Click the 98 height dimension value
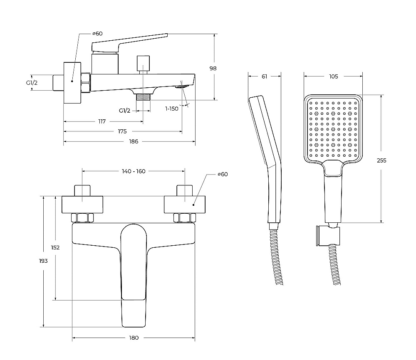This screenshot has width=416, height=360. click(x=213, y=69)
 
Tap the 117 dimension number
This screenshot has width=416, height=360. click(x=102, y=121)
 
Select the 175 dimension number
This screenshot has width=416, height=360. click(x=122, y=131)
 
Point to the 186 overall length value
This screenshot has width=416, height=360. click(x=134, y=142)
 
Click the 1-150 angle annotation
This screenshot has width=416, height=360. click(x=172, y=108)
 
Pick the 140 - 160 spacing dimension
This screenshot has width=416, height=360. click(x=134, y=171)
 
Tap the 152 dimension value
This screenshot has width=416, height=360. click(x=55, y=248)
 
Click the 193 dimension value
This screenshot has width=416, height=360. click(x=43, y=261)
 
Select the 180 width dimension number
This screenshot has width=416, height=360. click(x=134, y=338)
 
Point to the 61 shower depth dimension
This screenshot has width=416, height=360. click(x=264, y=76)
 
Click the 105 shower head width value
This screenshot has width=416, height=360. click(x=334, y=76)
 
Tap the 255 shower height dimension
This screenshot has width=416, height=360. click(x=381, y=160)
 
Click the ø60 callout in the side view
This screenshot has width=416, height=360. click(x=97, y=33)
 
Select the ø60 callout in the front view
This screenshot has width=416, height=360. click(x=223, y=174)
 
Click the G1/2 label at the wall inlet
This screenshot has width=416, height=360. click(x=32, y=83)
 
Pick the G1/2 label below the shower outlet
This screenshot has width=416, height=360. click(x=124, y=111)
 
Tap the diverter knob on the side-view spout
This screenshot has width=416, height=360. click(x=143, y=63)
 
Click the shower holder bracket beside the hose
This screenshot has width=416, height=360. click(x=328, y=236)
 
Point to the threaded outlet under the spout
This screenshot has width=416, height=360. click(x=143, y=96)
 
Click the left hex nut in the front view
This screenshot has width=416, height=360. click(x=82, y=218)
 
